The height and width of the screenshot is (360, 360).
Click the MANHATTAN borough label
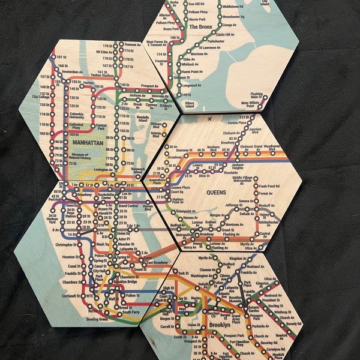pyautogui.click(x=86, y=143)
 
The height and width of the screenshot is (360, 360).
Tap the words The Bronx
pyautogui.click(x=202, y=26)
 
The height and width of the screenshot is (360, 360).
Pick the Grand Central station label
pyautogui.click(x=128, y=206)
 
